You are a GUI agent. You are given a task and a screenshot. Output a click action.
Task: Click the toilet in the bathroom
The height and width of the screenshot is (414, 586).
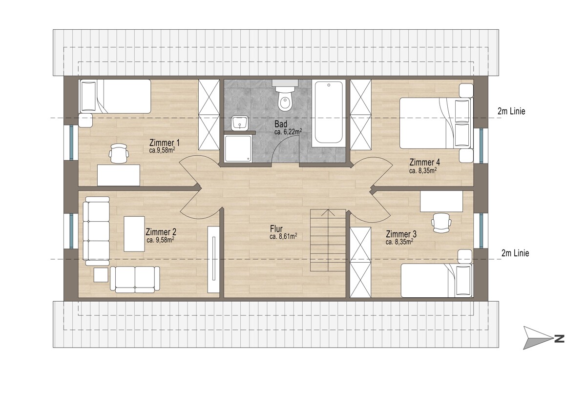coord(285,96)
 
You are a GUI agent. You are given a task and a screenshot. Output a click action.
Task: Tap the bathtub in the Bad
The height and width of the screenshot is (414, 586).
coord(329,113)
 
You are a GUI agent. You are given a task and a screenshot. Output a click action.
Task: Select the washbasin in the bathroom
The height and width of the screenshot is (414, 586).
coord(240,123)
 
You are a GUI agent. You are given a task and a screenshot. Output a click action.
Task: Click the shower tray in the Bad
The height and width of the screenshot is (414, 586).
coord(238,149)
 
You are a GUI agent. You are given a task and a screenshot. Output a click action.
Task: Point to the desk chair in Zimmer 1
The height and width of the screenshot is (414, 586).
coord(119,153)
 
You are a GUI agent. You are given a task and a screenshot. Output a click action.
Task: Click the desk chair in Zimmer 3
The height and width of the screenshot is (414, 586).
coord(441,223)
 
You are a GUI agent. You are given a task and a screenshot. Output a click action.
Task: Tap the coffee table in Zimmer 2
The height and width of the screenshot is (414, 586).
coord(134,234)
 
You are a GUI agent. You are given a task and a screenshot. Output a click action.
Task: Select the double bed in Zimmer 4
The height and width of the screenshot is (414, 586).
coord(437,123)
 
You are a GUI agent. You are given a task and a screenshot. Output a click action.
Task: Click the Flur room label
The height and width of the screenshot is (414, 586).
coord(276,229)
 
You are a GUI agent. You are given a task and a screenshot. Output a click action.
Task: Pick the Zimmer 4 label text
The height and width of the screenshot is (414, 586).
coord(424,163)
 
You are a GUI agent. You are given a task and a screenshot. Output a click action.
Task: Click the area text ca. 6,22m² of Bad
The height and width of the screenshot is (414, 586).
coord(288,132)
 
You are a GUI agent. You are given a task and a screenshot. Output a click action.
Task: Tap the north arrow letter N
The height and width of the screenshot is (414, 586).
coord(559,339)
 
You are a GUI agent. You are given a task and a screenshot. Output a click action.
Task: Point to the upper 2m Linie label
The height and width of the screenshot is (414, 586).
coord(511,111)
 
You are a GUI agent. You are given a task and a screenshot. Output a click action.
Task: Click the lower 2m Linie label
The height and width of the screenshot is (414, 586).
coord(515,253)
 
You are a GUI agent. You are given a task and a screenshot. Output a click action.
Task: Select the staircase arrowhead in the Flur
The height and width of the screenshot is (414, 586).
coord(328,212)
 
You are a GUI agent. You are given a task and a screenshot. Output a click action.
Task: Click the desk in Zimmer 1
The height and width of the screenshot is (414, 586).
coord(119,175)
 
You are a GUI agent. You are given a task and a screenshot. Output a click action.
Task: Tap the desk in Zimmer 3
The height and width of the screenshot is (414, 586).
coord(441,201)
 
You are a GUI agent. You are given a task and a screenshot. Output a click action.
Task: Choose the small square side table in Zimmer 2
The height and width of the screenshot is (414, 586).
coord(101,275)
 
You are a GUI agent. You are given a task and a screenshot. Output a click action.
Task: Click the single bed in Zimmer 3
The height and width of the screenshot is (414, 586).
coord(437,280)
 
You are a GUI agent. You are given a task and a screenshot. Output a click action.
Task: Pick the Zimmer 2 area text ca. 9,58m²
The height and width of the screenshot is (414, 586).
coord(161,240)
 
